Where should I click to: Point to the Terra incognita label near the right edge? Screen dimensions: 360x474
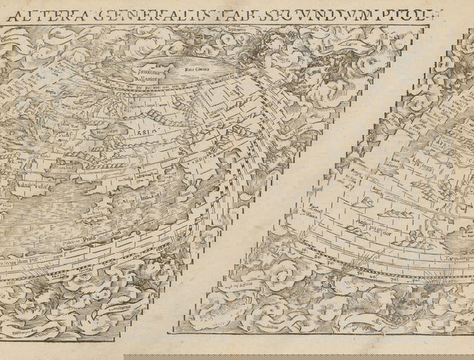tap(454, 269)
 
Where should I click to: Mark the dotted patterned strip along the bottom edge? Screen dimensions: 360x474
tap(295, 345)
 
